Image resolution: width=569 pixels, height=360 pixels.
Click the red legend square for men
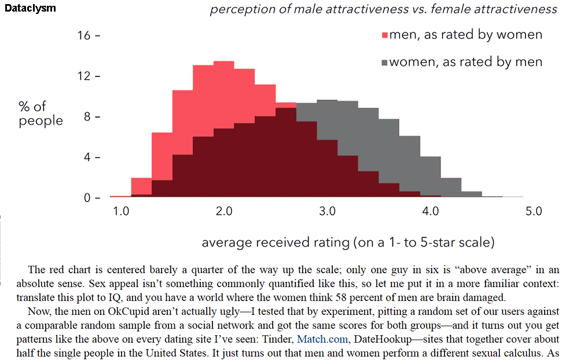pos(384,36)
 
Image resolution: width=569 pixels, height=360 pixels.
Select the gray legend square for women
pos(384,63)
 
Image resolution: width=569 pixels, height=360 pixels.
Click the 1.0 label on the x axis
pos(121,212)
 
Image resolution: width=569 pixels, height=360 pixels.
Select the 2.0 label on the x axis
pos(224,212)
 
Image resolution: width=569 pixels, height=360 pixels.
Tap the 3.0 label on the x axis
pos(327,212)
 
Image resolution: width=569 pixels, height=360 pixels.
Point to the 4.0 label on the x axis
pos(430,212)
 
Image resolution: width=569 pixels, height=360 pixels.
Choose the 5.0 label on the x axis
pos(533,212)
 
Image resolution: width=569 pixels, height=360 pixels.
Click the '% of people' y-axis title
pos(41,113)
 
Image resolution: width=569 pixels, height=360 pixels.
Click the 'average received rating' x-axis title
pos(347,243)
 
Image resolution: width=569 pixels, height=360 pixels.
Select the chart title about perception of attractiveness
pos(383,9)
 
